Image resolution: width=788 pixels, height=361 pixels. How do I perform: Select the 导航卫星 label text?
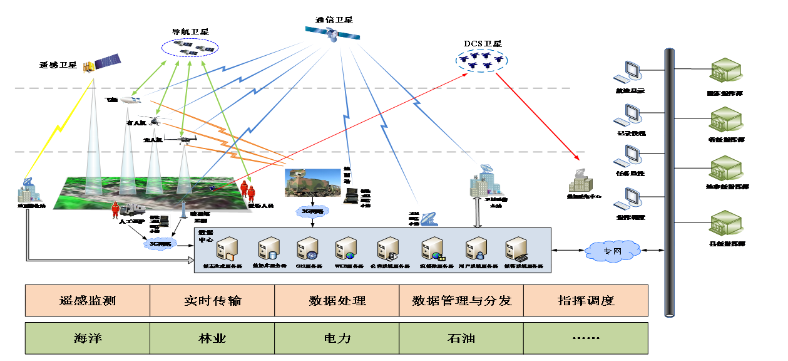190,31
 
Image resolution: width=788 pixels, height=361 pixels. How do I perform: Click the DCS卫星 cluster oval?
481,60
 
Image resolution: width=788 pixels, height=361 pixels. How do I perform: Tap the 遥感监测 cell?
87,301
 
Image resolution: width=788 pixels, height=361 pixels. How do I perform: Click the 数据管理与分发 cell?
461,301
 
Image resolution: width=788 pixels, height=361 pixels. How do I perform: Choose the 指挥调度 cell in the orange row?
585,301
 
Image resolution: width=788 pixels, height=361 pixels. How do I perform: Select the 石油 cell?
461,338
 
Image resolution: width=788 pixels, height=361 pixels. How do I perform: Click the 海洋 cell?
87,338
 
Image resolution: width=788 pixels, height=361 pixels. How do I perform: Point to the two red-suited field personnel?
247,189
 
